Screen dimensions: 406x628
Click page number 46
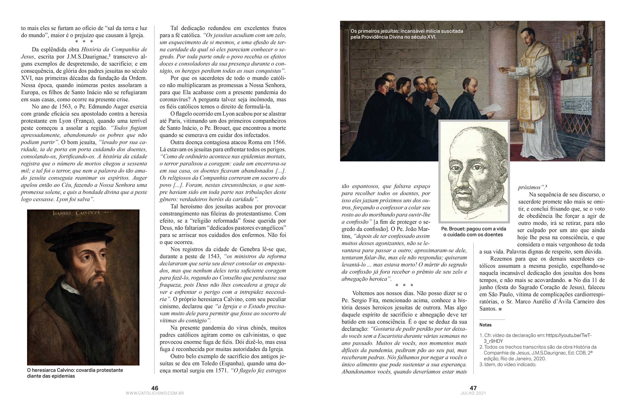[155, 388]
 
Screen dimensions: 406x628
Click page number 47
[473, 388]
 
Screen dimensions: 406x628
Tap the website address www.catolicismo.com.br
[155, 393]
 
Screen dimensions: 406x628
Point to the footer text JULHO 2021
[473, 393]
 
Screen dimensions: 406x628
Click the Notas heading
[485, 325]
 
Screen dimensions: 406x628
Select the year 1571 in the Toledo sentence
[221, 371]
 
